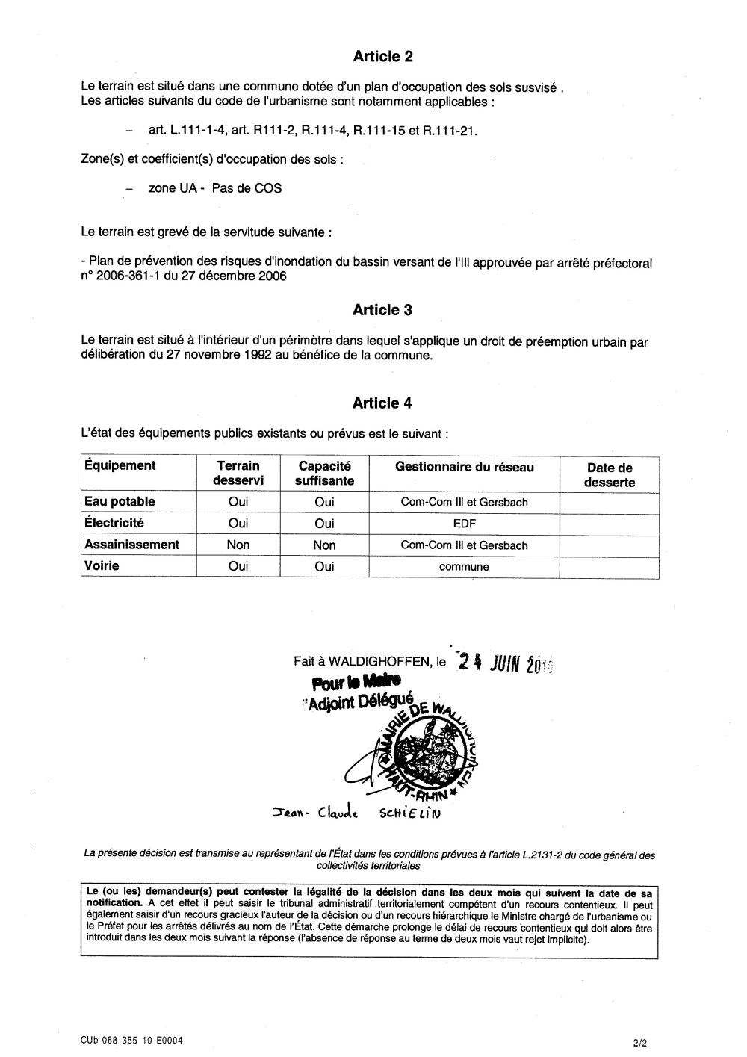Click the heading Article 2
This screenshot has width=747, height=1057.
click(382, 56)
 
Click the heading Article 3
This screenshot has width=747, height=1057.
click(382, 310)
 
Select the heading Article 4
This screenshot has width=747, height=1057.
click(382, 403)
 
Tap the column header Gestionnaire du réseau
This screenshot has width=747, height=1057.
click(465, 468)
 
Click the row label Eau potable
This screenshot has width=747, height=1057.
click(120, 502)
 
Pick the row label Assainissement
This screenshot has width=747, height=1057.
click(131, 545)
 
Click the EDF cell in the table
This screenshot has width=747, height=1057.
click(464, 524)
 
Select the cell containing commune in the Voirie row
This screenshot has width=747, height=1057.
click(464, 567)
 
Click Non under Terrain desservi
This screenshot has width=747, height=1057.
click(238, 545)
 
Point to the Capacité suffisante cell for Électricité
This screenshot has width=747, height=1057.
click(324, 524)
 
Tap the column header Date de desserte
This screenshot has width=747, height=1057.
click(610, 475)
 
